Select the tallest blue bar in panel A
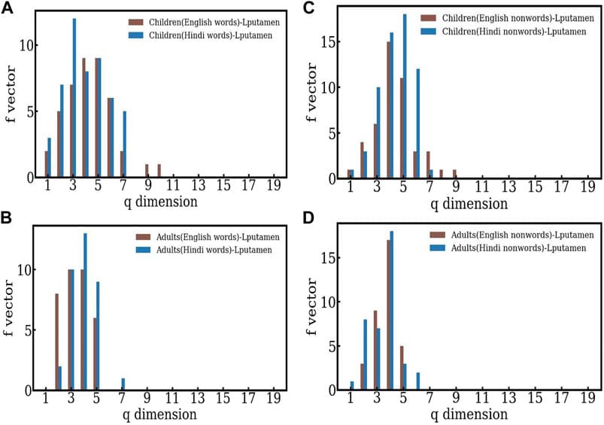pyautogui.click(x=74, y=98)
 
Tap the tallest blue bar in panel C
pyautogui.click(x=405, y=96)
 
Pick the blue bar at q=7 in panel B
pyautogui.click(x=123, y=384)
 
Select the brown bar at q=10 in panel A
pyautogui.click(x=159, y=171)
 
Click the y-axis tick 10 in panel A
pyautogui.click(x=28, y=45)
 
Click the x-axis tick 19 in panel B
pyautogui.click(x=274, y=399)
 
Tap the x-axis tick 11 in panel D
pyautogui.click(x=482, y=399)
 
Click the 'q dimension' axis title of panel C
pyautogui.click(x=465, y=203)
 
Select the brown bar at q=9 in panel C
pyautogui.click(x=454, y=175)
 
